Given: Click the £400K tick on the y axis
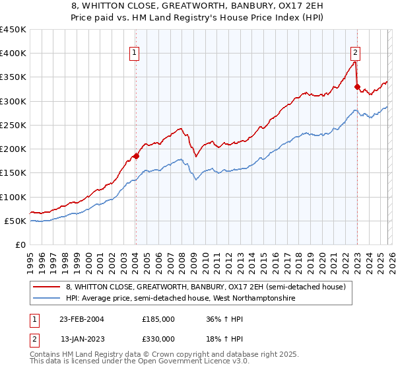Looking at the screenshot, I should pyautogui.click(x=13, y=54).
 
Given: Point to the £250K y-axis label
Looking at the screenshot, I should pyautogui.click(x=13, y=125).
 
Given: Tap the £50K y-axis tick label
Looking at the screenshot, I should pyautogui.click(x=15, y=221).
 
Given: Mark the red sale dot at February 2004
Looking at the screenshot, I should pyautogui.click(x=136, y=156).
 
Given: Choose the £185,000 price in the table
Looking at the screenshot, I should pyautogui.click(x=158, y=318).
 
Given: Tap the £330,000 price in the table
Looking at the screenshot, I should pyautogui.click(x=158, y=338).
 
